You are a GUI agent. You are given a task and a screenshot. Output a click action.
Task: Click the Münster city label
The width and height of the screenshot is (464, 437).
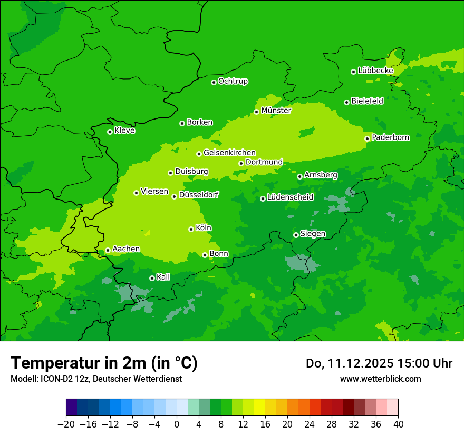coord(276,111)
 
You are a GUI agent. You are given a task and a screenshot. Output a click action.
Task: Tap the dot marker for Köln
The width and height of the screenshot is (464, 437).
coord(191,229)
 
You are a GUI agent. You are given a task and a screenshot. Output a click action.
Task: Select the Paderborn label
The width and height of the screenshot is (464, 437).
coord(390,137)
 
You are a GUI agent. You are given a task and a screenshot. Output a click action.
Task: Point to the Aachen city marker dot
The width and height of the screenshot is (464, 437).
coord(108,251)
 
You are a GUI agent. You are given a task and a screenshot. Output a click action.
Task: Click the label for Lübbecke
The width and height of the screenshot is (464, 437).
coord(375,71)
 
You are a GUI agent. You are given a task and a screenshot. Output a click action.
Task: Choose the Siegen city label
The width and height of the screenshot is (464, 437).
coord(313,234)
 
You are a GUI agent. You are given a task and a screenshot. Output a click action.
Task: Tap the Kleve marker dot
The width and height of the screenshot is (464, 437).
coord(110,132)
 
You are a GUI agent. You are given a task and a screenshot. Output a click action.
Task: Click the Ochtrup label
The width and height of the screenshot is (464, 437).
coord(233,81)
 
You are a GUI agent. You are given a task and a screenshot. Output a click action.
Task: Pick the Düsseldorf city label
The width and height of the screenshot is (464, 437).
coord(199,195)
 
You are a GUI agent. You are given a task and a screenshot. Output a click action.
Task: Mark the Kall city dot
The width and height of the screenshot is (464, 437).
coord(152,278)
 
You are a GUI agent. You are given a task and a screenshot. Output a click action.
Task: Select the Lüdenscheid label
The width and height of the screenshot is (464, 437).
coord(290,197)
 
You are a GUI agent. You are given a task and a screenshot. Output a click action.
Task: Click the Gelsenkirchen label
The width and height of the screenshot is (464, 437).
coord(229,153)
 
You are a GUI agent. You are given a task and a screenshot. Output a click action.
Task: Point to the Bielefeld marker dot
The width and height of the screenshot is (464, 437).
coord(346,102)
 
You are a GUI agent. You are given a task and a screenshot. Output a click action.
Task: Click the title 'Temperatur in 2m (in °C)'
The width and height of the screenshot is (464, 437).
coord(104,363)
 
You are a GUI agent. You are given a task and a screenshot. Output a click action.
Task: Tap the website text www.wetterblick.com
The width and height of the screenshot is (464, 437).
coord(380,379)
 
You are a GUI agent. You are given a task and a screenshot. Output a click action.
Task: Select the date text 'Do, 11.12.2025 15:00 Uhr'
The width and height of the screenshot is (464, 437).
coord(379,363)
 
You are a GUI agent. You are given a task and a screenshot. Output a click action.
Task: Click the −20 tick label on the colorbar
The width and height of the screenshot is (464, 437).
coord(65,424)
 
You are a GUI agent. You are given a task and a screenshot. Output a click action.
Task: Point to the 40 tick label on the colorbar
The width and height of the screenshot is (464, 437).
coord(398,424)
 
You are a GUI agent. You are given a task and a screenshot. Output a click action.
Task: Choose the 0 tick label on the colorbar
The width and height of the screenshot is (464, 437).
coord(177,424)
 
